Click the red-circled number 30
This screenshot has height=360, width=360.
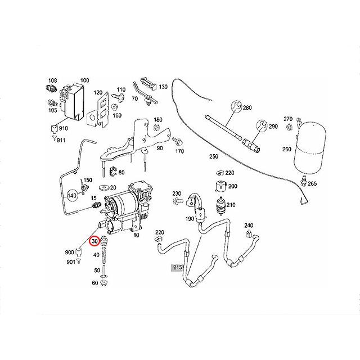click(x=94, y=241)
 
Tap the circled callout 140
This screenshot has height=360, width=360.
click(x=72, y=196)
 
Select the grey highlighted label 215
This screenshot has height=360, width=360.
click(x=178, y=268)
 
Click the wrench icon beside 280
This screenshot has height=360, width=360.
click(x=236, y=106)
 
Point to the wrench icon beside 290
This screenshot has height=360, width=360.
click(x=262, y=125)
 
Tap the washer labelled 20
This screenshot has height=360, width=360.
click(x=105, y=188)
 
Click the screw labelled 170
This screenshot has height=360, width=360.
click(x=177, y=141)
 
